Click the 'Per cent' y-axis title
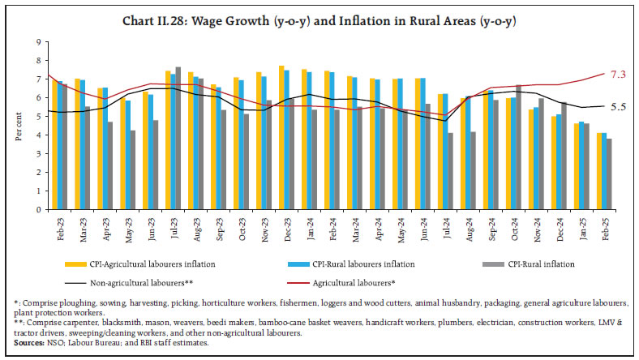point(19,125)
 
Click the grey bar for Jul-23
point(178,138)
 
